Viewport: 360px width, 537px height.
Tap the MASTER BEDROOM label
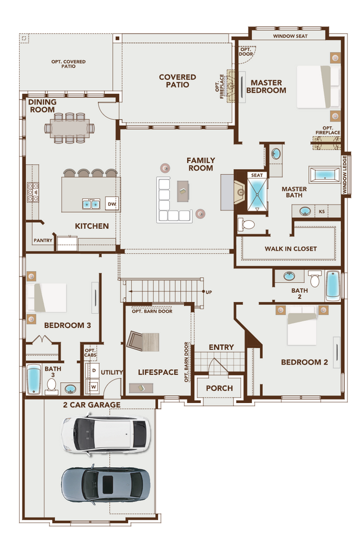click(268, 86)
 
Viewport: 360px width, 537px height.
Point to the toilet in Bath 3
click(51, 386)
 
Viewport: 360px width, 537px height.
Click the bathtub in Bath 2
click(333, 285)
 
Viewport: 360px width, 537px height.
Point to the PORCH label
click(219, 388)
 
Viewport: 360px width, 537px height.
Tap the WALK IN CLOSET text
click(290, 248)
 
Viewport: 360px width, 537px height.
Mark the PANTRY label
click(43, 240)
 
